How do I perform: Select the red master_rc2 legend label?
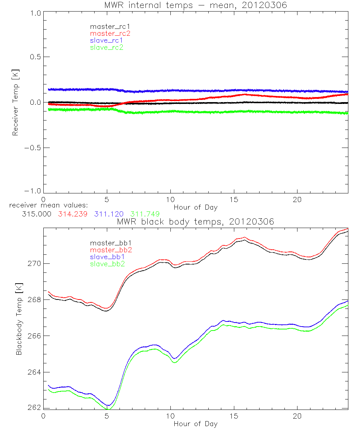pyautogui.click(x=110, y=34)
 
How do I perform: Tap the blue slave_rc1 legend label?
pyautogui.click(x=106, y=40)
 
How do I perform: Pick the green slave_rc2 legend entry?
pyautogui.click(x=106, y=47)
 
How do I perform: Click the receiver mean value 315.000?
pyautogui.click(x=36, y=214)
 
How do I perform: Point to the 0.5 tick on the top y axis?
pyautogui.click(x=35, y=57)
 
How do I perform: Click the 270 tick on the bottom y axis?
pyautogui.click(x=35, y=263)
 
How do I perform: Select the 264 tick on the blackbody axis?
pyautogui.click(x=35, y=372)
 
